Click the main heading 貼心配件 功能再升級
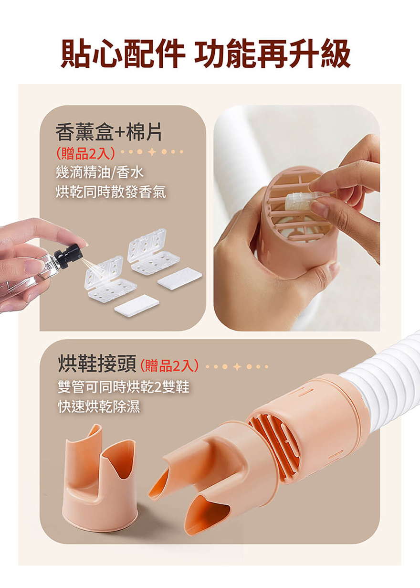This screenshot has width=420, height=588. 205,54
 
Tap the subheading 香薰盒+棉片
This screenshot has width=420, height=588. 108,132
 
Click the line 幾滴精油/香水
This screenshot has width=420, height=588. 100,173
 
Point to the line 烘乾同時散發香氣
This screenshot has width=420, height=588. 111,192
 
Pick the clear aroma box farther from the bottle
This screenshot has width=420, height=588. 154,252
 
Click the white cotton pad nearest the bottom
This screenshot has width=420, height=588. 136,306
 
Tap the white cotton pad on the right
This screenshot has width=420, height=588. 180,278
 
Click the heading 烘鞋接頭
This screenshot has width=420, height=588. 97,363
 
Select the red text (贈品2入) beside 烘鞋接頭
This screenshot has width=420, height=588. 170,365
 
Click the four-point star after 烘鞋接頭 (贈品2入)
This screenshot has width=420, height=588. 237,366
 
